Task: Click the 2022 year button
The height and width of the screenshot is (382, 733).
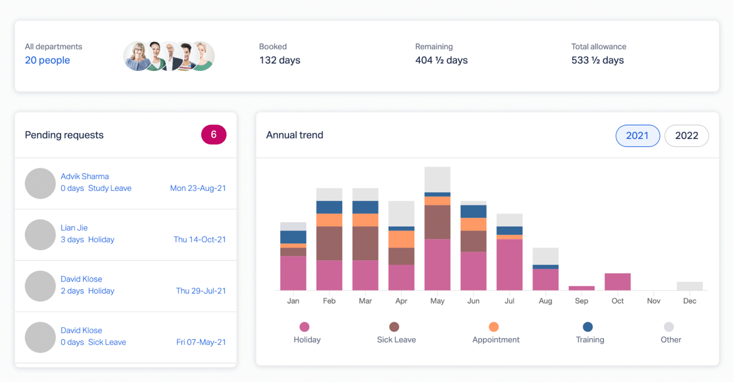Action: point(686,136)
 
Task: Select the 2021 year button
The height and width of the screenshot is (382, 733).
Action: point(637,136)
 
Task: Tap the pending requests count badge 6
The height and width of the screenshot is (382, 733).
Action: point(214,134)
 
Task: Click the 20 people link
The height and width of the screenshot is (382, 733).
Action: point(47,60)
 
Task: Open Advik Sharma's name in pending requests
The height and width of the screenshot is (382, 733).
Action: point(85,177)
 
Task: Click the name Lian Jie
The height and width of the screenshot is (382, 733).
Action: point(74,228)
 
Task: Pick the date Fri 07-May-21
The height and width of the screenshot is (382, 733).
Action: point(201,342)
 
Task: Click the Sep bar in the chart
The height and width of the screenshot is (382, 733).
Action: point(581,288)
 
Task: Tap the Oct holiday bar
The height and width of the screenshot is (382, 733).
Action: point(617,281)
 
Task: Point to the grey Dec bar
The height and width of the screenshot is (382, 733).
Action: point(690,286)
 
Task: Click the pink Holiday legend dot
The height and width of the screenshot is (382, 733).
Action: point(304,327)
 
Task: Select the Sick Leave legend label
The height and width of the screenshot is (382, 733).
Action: point(396,340)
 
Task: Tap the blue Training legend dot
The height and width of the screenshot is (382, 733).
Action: point(588,327)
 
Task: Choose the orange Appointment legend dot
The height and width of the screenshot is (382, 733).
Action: point(493,327)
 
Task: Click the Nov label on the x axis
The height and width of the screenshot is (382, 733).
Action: point(654,301)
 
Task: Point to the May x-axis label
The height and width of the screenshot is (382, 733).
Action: point(438,301)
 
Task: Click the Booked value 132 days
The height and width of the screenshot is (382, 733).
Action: point(280,60)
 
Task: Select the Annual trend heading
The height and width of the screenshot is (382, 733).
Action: point(294,135)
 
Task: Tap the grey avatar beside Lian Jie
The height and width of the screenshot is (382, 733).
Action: point(40,234)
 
